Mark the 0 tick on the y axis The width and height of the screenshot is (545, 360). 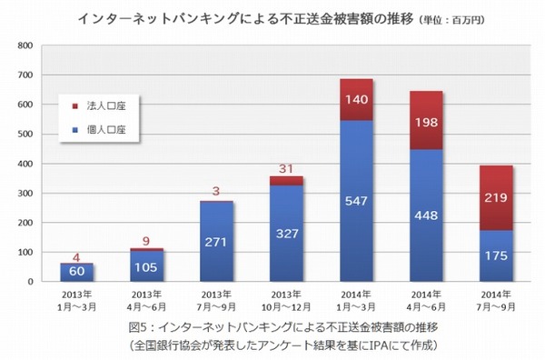pyautogui.click(x=30, y=282)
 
